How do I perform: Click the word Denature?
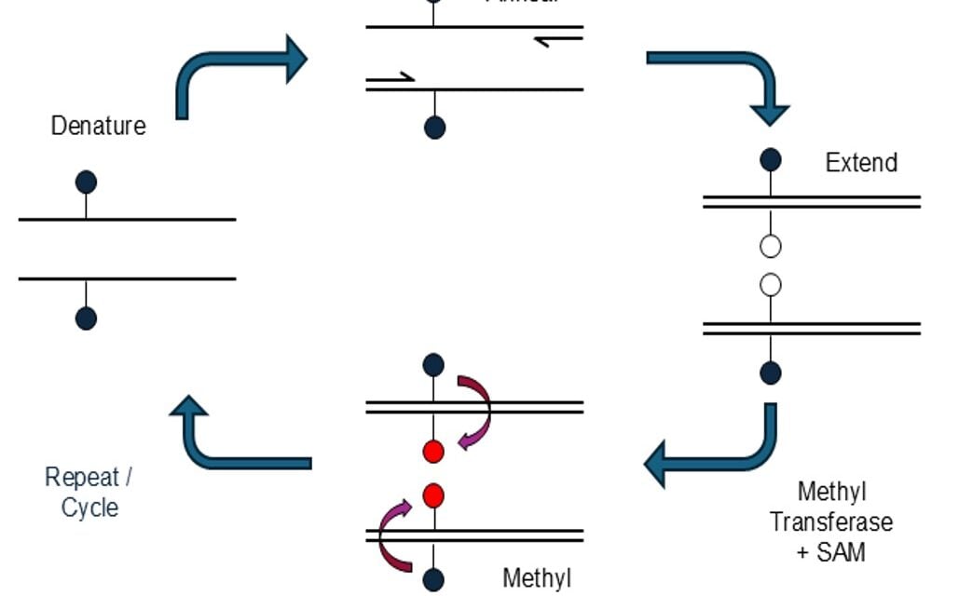(98, 126)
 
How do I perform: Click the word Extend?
(861, 162)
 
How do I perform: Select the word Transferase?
(830, 521)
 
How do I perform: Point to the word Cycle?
(89, 508)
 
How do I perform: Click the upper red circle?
(433, 452)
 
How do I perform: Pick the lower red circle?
(433, 495)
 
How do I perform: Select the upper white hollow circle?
(771, 247)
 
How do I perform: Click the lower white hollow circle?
(771, 285)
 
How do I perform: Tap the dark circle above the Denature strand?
(86, 183)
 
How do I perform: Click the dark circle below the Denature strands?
(86, 318)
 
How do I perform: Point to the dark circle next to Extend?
(771, 159)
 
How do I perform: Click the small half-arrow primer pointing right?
(391, 78)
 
